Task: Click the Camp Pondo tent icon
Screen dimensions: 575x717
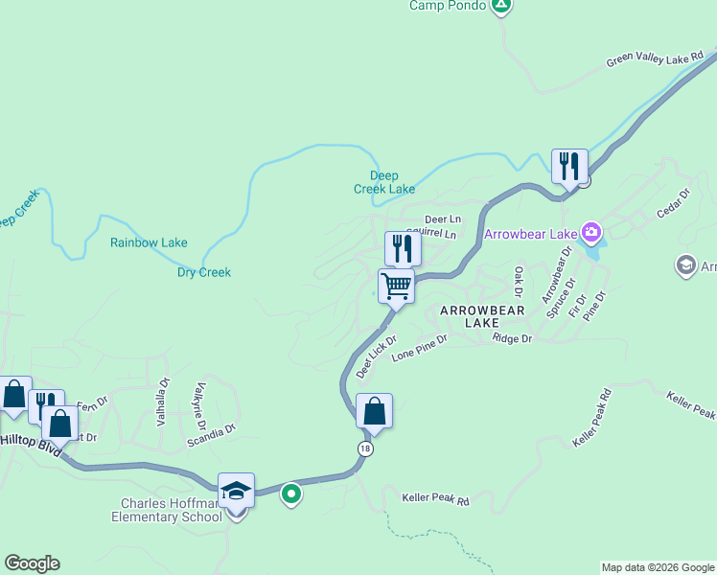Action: tap(500, 6)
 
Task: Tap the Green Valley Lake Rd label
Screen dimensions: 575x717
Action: tap(654, 59)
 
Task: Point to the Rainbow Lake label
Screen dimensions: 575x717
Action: tap(149, 243)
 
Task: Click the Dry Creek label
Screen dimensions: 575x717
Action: tap(204, 272)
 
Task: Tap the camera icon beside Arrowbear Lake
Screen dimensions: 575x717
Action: tap(592, 232)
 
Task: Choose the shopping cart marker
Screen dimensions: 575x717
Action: tap(396, 286)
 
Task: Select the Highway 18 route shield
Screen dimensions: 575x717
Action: tap(365, 448)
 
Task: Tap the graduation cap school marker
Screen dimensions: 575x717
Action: tap(236, 492)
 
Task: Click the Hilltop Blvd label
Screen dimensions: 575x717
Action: tap(30, 442)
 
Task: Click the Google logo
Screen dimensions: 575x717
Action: tap(32, 563)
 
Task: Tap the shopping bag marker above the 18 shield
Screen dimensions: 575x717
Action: tap(374, 411)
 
